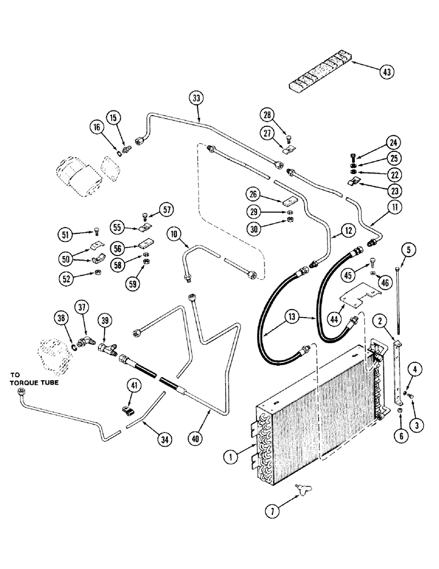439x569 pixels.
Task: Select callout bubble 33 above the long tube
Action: coord(196,98)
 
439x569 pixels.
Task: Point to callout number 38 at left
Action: coord(62,318)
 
